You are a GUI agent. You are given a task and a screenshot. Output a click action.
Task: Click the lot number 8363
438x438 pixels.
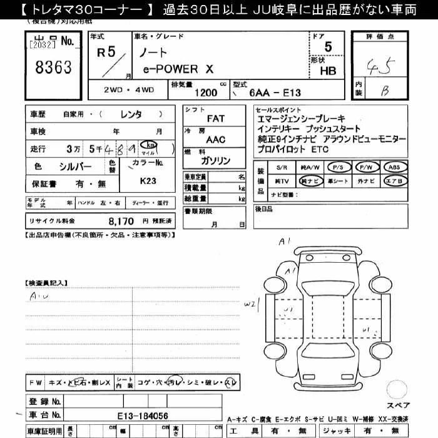54,67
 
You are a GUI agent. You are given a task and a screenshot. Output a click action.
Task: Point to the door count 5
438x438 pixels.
328,46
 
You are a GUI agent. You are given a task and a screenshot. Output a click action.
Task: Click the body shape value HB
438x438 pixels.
328,71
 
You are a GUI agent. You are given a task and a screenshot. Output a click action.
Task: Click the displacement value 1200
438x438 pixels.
206,93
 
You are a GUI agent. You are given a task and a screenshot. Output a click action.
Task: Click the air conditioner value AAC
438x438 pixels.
216,140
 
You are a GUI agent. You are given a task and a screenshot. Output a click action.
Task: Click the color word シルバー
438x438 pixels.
75,166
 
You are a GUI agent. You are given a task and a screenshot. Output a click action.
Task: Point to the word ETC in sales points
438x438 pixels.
320,150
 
